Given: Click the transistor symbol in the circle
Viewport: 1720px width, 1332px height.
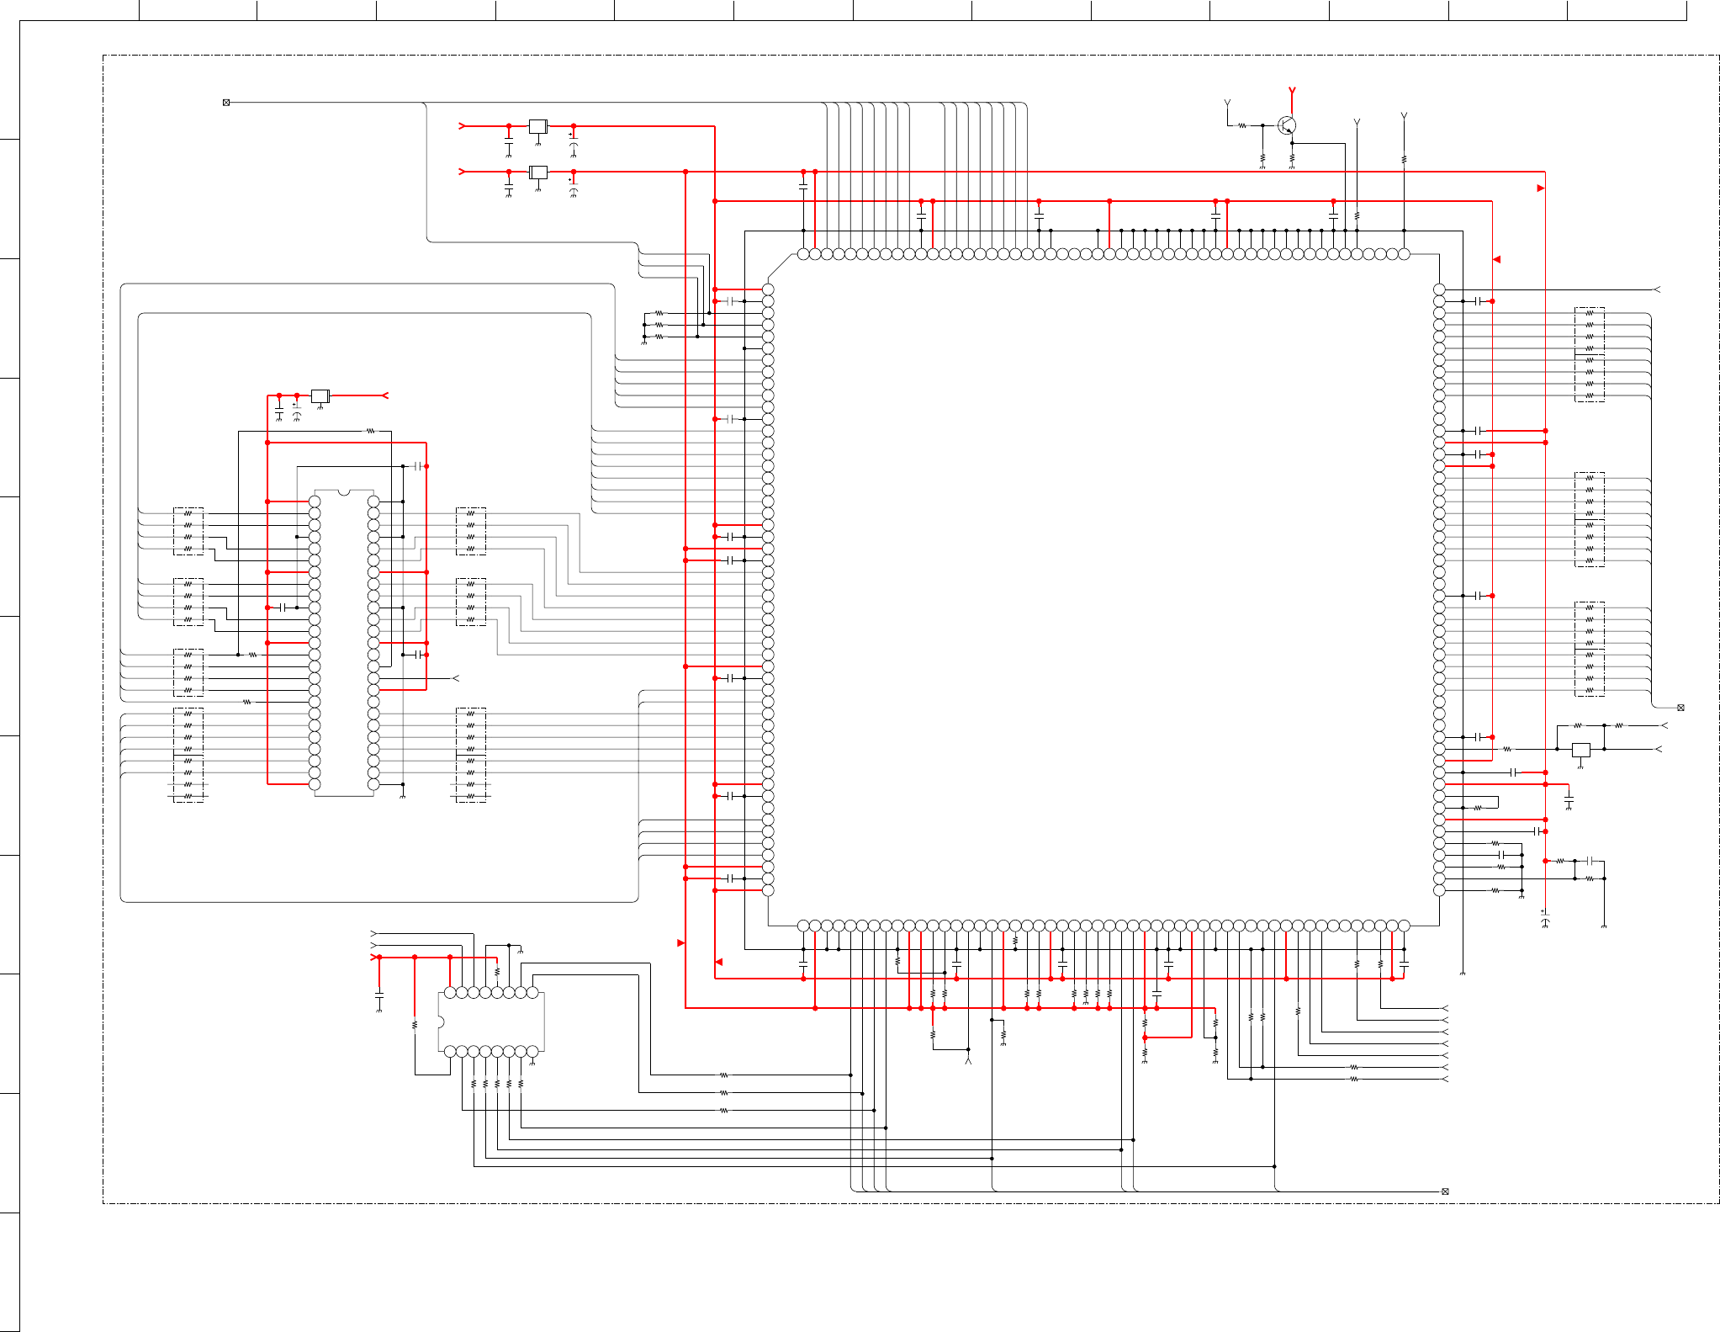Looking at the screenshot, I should pos(1286,125).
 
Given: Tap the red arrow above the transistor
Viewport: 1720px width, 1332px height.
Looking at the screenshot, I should pos(1292,90).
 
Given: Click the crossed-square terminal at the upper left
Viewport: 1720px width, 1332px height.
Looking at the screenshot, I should pos(226,103).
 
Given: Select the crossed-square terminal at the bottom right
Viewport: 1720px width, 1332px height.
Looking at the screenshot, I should pos(1445,1191).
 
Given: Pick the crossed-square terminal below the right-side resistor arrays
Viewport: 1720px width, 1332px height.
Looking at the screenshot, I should pos(1680,708).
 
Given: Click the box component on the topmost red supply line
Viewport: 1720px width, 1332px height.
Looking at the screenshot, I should pos(538,126).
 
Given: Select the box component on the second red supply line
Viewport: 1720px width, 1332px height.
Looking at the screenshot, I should pos(538,172).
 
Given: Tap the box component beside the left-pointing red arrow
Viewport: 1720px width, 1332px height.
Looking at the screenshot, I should pos(320,395).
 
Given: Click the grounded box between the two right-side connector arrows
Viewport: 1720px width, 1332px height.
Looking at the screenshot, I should pos(1581,750).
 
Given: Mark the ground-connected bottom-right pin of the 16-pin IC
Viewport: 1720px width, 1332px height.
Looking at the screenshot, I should pos(532,1052).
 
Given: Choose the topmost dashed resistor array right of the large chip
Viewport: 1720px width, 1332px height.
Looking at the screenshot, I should pos(1589,354).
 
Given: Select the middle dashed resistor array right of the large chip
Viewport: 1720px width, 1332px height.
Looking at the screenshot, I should pos(1589,519).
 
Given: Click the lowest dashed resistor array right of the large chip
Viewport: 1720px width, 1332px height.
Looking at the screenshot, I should pos(1589,649).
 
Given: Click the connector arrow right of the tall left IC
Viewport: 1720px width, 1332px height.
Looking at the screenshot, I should pos(456,678).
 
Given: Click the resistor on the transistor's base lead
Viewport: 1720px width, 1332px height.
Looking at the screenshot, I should pos(1242,125).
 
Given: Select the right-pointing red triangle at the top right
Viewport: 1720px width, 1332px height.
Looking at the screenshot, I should pos(1541,188).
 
